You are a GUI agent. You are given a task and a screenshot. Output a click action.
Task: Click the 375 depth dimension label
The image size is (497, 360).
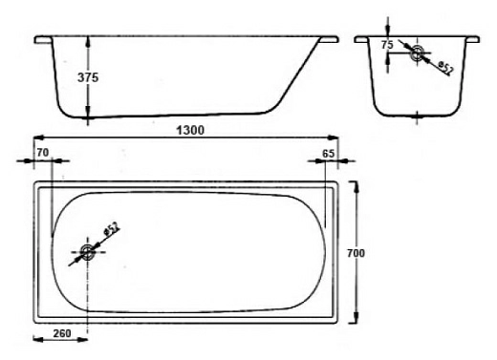click(88, 77)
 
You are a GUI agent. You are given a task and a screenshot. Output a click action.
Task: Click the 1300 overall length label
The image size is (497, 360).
click(190, 130)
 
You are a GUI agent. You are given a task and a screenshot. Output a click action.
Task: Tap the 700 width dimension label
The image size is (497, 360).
click(356, 253)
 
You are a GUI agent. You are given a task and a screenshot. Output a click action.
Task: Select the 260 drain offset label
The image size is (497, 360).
click(62, 333)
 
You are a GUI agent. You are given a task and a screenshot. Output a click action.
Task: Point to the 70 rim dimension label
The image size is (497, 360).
click(43, 153)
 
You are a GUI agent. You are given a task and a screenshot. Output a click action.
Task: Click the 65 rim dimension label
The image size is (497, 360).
click(328, 154)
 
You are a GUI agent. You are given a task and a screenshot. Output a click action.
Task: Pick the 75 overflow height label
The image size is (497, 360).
click(387, 45)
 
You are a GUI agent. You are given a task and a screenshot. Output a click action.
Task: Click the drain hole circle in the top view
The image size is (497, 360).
click(87, 252)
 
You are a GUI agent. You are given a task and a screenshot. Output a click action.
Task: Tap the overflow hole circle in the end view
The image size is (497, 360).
click(417, 53)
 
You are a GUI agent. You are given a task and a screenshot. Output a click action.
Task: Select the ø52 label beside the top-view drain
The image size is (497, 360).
click(112, 229)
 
